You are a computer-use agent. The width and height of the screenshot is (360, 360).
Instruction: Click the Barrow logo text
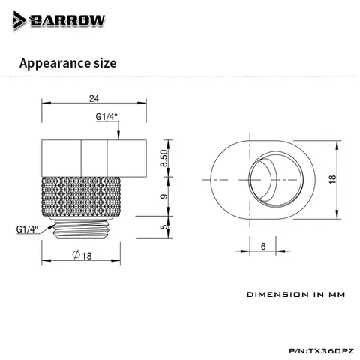[67, 20]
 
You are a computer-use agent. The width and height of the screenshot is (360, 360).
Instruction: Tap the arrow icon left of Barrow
[19, 20]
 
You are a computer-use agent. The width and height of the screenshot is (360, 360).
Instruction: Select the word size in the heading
[105, 63]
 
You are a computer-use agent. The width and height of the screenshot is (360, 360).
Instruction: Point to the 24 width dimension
[94, 99]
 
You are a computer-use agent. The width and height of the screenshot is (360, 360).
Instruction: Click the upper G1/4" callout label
[106, 117]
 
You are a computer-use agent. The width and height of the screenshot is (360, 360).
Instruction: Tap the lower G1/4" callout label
[27, 229]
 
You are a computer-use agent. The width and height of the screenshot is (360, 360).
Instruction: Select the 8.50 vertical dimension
[164, 158]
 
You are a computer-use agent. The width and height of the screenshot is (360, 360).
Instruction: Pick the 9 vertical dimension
[164, 196]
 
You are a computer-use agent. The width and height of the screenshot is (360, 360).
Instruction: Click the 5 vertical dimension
[164, 227]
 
